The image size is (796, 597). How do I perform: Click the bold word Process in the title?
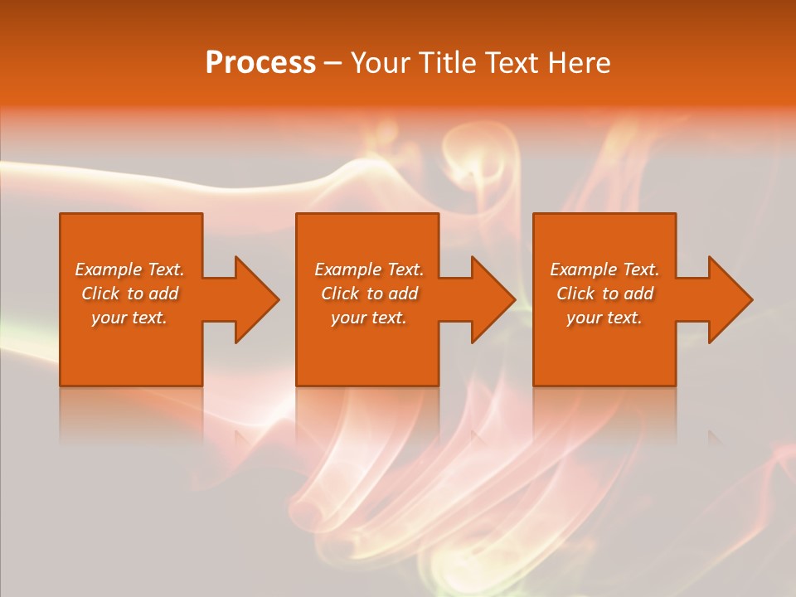260,63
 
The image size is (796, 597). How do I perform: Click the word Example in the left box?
109,269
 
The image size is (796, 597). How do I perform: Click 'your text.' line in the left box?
129,318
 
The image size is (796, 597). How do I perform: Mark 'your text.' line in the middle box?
368,318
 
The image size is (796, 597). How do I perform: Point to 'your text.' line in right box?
604,318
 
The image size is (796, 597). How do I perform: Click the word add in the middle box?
403,294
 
